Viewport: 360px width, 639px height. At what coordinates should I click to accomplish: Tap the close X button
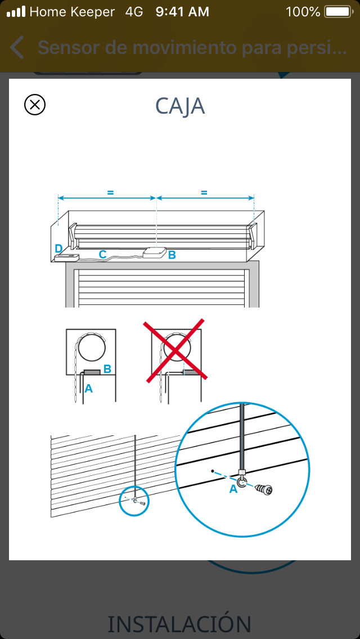click(35, 105)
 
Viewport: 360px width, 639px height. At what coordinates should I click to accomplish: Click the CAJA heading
click(180, 106)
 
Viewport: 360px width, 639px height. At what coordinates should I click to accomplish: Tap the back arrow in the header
click(17, 47)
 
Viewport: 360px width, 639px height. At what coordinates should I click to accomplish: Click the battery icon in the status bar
click(339, 12)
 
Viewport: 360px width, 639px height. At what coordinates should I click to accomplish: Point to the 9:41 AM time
click(182, 12)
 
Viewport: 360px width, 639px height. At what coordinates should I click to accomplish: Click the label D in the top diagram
click(58, 248)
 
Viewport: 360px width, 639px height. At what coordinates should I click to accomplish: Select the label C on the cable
click(103, 254)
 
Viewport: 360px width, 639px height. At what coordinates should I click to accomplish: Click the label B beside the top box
click(172, 255)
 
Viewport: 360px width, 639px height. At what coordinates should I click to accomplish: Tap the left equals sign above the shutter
click(110, 192)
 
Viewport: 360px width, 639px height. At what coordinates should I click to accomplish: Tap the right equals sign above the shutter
click(204, 192)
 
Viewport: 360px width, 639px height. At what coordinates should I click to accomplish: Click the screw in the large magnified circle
click(264, 488)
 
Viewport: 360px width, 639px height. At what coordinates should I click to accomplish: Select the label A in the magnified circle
click(233, 489)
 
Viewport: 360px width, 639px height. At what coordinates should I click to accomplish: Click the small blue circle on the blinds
click(134, 501)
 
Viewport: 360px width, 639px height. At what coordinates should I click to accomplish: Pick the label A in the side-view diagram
click(88, 389)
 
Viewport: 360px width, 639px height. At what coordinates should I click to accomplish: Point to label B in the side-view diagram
click(107, 369)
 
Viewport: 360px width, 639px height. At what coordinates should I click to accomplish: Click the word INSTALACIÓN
click(179, 624)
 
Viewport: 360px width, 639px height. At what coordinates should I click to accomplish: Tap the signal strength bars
click(16, 12)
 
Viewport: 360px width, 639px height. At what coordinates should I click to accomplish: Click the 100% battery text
click(303, 12)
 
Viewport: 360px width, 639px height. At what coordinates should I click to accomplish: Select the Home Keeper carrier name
click(72, 12)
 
